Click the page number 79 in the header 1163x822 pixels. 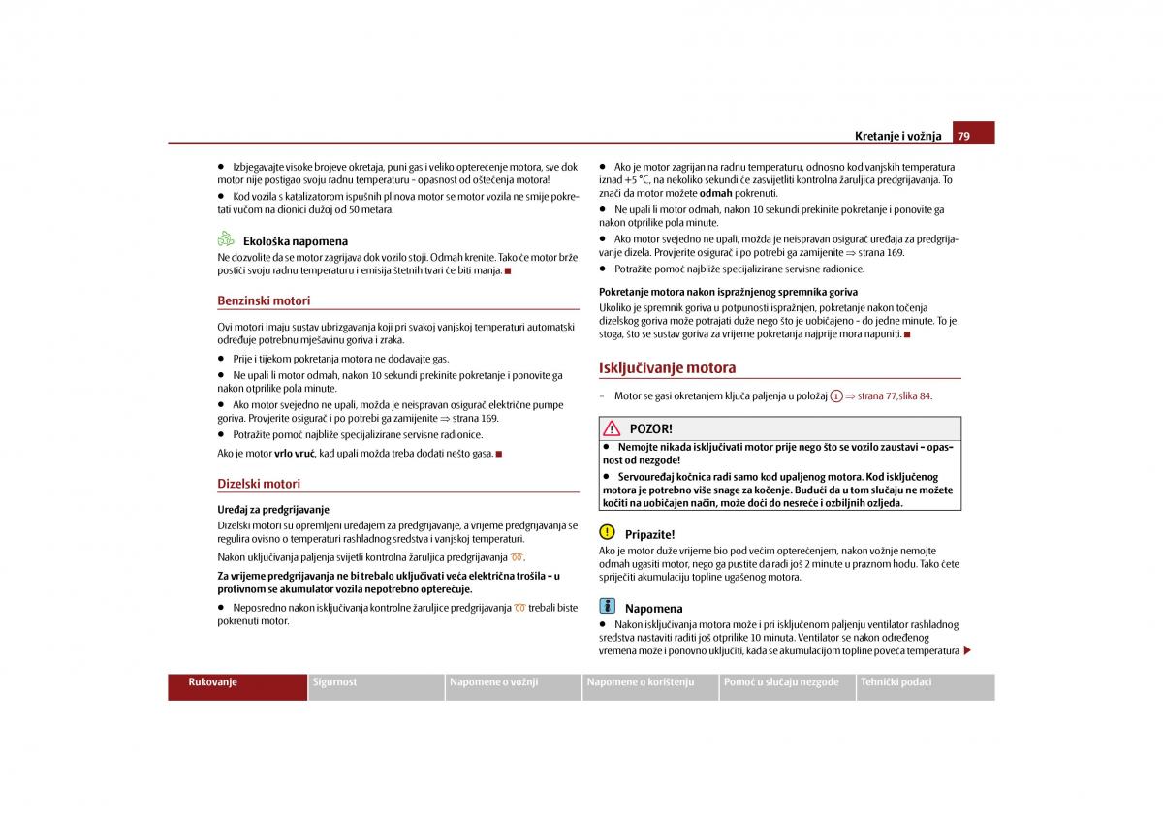[x=964, y=136]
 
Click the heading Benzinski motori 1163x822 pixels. [x=264, y=300]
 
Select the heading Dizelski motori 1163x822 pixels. [x=259, y=483]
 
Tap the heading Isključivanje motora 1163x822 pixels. [x=667, y=367]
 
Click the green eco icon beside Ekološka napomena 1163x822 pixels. [x=226, y=238]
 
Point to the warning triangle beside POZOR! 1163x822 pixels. [x=612, y=428]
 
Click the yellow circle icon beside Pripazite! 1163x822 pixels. [x=608, y=532]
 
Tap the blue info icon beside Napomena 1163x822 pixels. [x=608, y=606]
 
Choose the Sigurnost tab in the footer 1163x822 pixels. [x=334, y=682]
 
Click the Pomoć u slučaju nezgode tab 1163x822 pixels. [x=781, y=682]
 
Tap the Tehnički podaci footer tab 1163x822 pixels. [x=896, y=682]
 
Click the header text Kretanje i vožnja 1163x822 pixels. [x=897, y=137]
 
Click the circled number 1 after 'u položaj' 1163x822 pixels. [x=836, y=396]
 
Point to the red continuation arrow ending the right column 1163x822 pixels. [x=966, y=650]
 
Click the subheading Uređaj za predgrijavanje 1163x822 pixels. [x=273, y=509]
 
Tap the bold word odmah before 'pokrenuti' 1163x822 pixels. [x=716, y=193]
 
